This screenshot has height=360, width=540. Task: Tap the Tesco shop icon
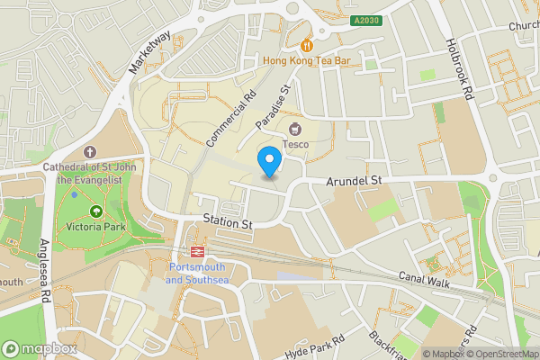tap(296, 128)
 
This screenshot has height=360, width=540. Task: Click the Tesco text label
tap(296, 144)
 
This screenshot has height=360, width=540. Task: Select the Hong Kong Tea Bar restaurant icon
tap(306, 44)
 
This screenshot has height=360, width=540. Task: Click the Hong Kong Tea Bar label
tap(306, 60)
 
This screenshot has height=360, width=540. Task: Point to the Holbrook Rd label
tap(459, 68)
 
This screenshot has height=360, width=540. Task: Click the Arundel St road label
tap(355, 181)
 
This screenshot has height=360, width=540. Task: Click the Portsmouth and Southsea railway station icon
tap(197, 251)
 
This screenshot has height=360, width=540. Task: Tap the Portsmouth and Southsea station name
tap(199, 274)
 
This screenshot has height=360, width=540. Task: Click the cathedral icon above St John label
tap(88, 152)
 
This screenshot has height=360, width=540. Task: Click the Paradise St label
tap(274, 107)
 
